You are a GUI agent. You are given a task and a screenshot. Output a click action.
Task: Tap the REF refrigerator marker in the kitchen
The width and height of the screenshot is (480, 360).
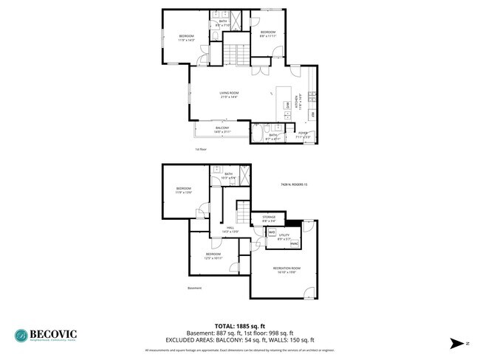pos(312,114)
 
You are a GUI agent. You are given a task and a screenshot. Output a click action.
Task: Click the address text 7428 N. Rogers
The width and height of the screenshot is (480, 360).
pos(293,184)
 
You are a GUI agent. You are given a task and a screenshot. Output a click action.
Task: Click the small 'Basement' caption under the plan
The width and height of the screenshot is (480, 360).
pos(194,288)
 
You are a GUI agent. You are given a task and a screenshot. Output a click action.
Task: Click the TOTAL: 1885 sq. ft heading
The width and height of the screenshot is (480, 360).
pos(239,325)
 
